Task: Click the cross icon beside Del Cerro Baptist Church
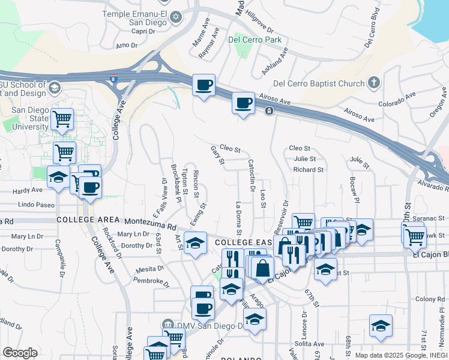pos(373,82)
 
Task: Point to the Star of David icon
pos(176,16)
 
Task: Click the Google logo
pos(20,353)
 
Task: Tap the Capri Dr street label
pos(135,31)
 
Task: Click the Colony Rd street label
pos(429,299)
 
